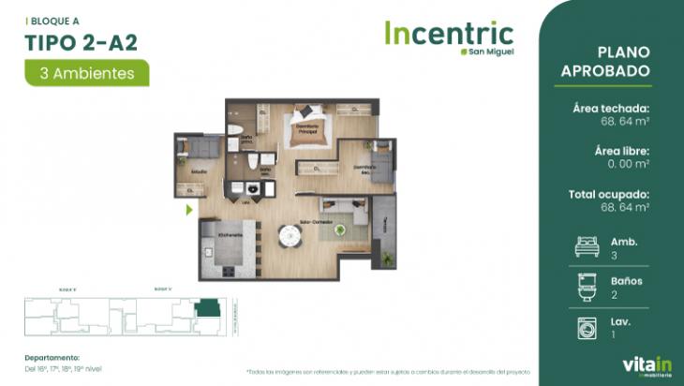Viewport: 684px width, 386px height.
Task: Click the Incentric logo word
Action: tap(448, 33)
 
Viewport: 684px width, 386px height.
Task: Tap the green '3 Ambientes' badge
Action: tap(87, 72)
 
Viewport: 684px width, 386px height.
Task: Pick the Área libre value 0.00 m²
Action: tap(627, 164)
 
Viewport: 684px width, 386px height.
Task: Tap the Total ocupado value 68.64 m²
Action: tap(625, 207)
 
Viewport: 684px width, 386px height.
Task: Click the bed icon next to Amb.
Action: tap(587, 246)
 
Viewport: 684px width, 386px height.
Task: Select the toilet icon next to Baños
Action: tap(587, 286)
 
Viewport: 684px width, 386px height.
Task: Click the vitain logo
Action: tap(642, 364)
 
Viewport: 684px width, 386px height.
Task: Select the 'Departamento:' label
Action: tap(52, 357)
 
